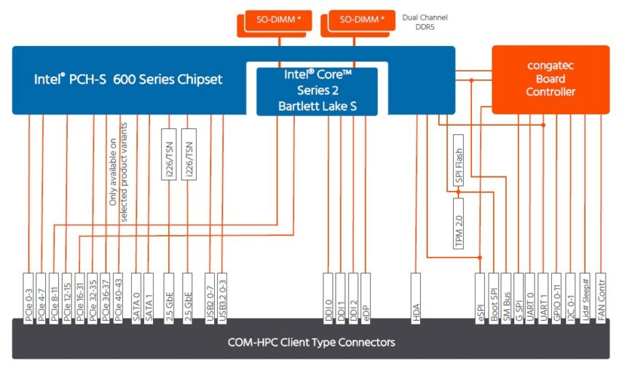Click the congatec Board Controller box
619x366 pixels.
551,79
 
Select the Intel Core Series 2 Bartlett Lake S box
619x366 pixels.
317,91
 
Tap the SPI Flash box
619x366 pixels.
458,160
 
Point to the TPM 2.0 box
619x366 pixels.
458,223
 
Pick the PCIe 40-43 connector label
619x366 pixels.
118,298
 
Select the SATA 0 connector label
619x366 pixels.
135,298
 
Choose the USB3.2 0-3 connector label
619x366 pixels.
222,298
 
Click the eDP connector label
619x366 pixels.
365,298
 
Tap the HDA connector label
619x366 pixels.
416,298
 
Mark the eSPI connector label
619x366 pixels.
480,298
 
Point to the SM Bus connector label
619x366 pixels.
505,298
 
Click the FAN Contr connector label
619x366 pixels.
601,298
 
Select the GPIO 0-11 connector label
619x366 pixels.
556,298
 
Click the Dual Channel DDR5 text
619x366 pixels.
425,22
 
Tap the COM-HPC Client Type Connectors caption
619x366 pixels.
311,342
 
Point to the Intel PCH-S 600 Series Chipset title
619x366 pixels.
128,79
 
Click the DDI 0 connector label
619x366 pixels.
328,298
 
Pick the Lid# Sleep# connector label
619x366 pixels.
585,298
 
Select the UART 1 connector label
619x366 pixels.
543,298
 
